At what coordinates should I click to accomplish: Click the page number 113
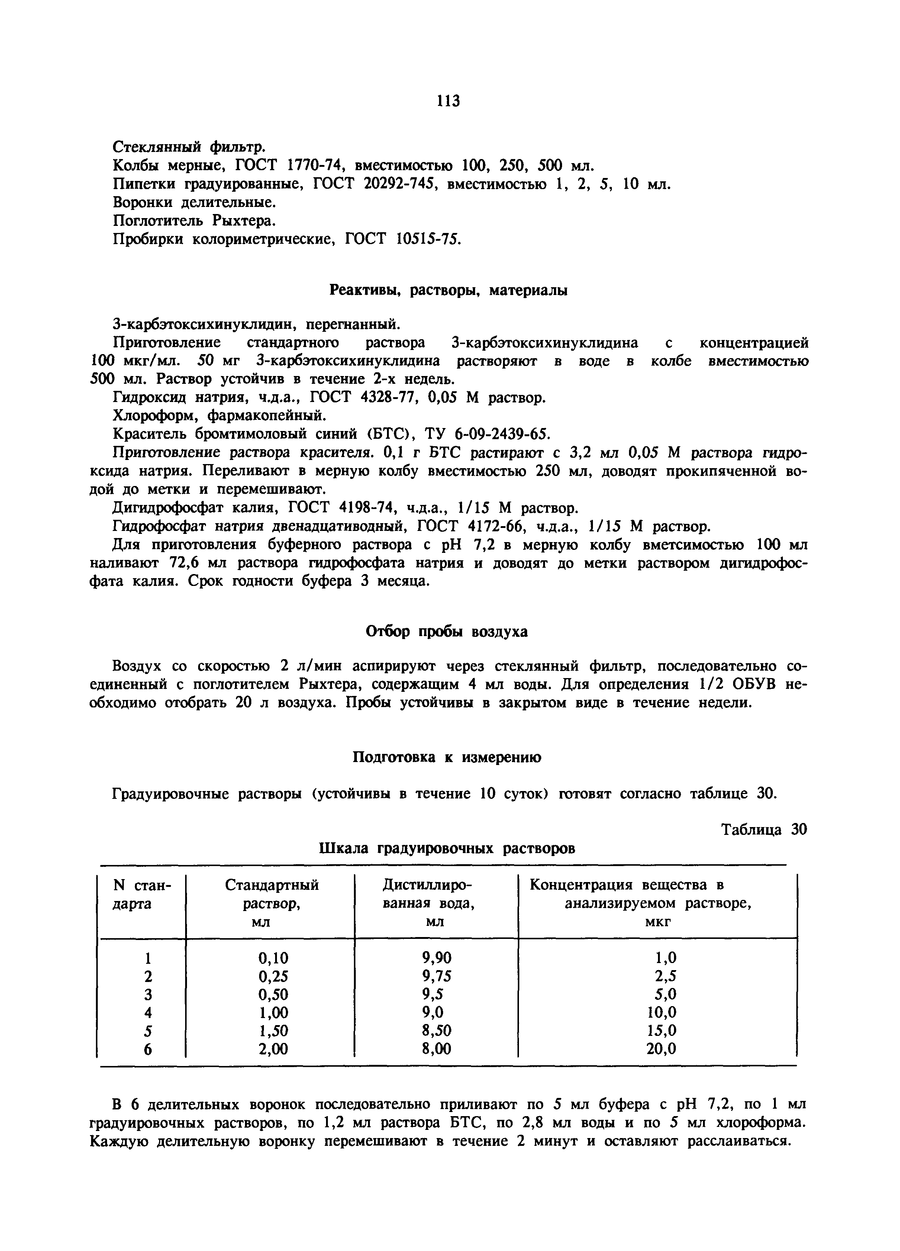coord(448,101)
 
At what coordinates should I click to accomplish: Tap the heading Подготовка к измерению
coord(447,757)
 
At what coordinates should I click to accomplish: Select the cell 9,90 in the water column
coord(436,957)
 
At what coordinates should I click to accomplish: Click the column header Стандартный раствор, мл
coord(271,904)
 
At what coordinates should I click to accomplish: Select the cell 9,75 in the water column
coord(436,976)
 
